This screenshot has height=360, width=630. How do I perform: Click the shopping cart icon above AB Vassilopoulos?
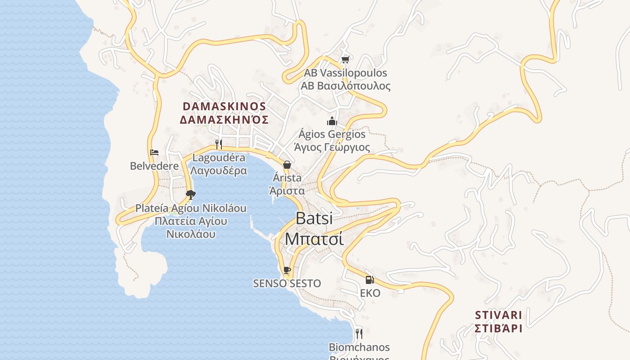[x=345, y=59]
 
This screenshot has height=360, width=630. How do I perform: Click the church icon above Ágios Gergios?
[x=332, y=121]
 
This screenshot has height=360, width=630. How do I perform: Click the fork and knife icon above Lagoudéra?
[x=219, y=144]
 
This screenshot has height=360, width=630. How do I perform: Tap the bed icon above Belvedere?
[x=154, y=153]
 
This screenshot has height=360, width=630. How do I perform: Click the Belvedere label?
[x=154, y=166]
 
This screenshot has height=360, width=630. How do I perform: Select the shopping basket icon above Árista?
[x=287, y=165]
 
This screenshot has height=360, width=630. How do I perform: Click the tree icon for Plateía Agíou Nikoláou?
[x=191, y=195]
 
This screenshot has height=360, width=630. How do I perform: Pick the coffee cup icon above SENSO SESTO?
[x=287, y=270]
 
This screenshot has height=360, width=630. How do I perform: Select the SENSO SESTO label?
[x=287, y=283]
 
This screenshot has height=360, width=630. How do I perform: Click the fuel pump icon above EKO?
[x=370, y=280]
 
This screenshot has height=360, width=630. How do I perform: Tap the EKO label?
[x=370, y=293]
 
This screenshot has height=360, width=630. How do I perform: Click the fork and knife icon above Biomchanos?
[x=359, y=333]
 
